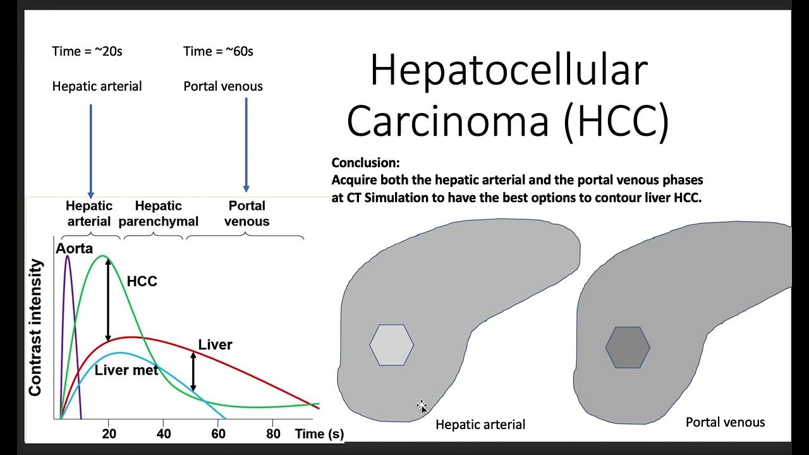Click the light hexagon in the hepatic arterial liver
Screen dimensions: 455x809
tap(391, 345)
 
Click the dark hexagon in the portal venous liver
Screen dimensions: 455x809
tap(627, 346)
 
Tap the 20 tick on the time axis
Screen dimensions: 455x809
tap(109, 434)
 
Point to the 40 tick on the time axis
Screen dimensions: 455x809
tap(163, 434)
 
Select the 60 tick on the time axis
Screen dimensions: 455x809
tap(218, 434)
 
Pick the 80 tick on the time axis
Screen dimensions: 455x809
tap(272, 434)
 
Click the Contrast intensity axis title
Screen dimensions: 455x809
tap(35, 327)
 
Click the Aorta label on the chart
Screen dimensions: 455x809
tap(74, 248)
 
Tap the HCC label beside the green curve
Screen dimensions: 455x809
tap(142, 282)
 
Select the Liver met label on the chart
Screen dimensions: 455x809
tap(126, 370)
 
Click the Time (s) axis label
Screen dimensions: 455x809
tap(319, 434)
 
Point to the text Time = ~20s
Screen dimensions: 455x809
tap(87, 52)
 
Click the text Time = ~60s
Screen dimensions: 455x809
tap(218, 52)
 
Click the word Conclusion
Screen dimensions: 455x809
tap(365, 162)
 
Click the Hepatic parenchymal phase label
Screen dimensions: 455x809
tap(159, 214)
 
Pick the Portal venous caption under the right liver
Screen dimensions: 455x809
tap(725, 422)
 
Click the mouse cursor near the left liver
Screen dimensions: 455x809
tap(422, 406)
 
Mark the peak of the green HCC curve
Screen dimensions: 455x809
tap(104, 256)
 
